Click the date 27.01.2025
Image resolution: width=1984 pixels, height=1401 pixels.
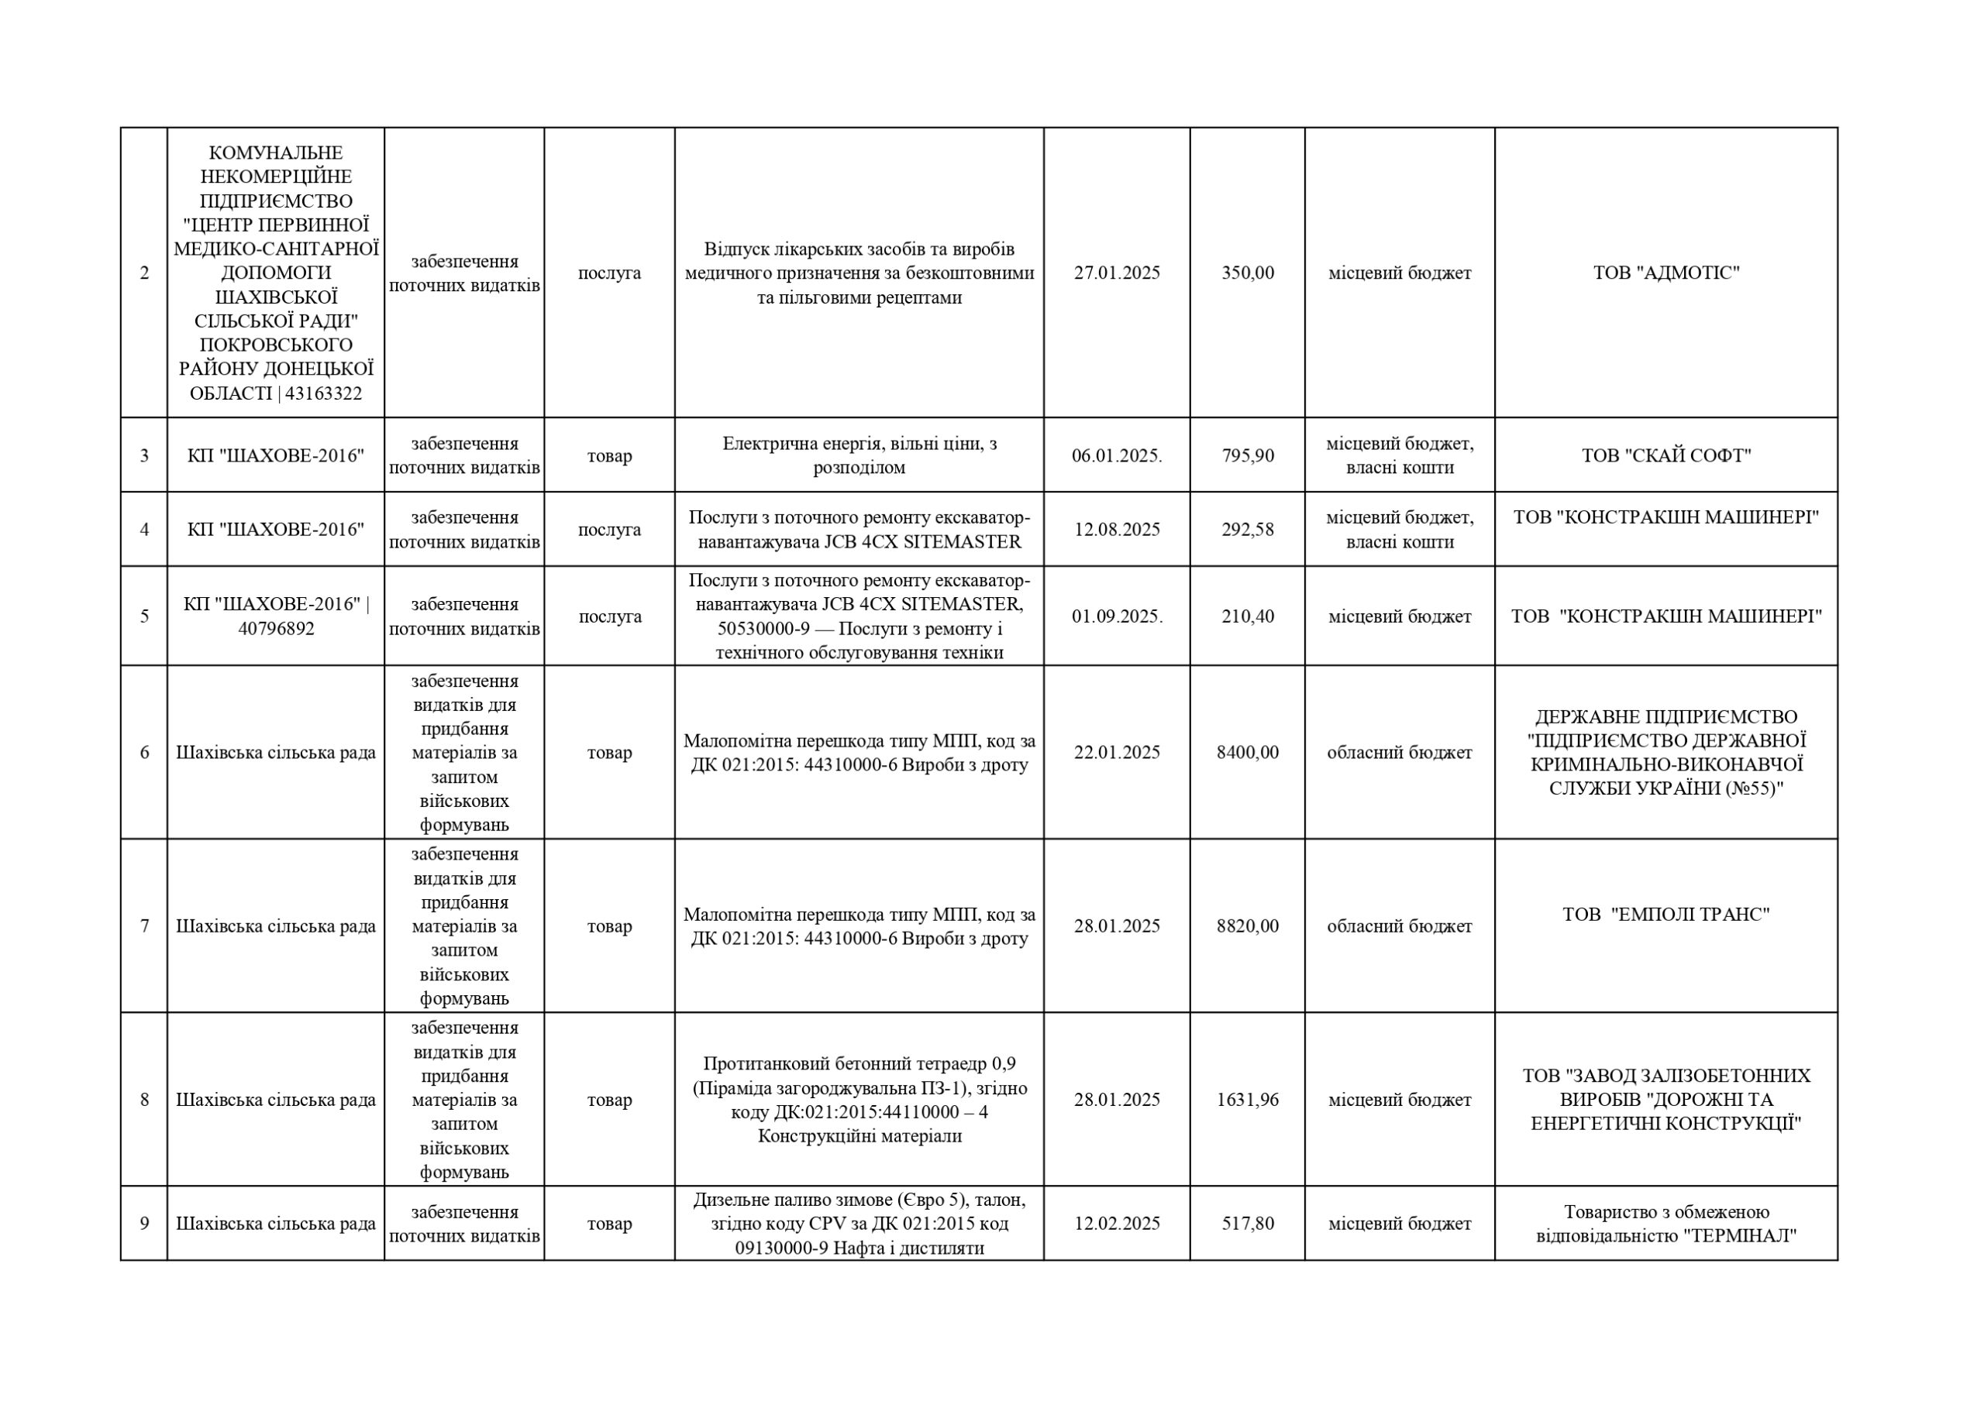pos(1117,273)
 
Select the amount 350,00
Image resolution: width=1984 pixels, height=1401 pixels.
pos(1247,273)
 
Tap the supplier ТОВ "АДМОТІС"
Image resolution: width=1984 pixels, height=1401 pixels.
pos(1665,273)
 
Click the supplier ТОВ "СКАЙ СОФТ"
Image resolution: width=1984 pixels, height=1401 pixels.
pos(1665,455)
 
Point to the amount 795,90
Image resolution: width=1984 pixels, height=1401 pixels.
pos(1247,455)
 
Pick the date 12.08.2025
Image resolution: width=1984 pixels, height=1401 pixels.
pos(1117,530)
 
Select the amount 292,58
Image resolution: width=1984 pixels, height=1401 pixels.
pos(1247,530)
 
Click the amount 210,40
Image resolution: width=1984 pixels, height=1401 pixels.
pos(1247,616)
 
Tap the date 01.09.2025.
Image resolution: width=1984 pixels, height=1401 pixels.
pos(1117,616)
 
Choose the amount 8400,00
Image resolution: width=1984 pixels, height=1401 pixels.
pos(1247,752)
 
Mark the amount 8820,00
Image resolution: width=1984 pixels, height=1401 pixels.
pos(1247,926)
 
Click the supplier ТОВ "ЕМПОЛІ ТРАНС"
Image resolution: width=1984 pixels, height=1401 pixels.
pos(1665,914)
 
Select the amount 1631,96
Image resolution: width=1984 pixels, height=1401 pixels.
pos(1247,1100)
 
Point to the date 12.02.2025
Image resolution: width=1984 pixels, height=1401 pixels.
pos(1117,1223)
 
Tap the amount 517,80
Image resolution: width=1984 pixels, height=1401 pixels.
pos(1247,1223)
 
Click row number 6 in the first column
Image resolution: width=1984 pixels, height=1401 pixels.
pos(144,752)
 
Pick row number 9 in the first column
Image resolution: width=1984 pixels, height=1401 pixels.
pos(144,1223)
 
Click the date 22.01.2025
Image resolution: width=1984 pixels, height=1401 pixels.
pos(1117,752)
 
